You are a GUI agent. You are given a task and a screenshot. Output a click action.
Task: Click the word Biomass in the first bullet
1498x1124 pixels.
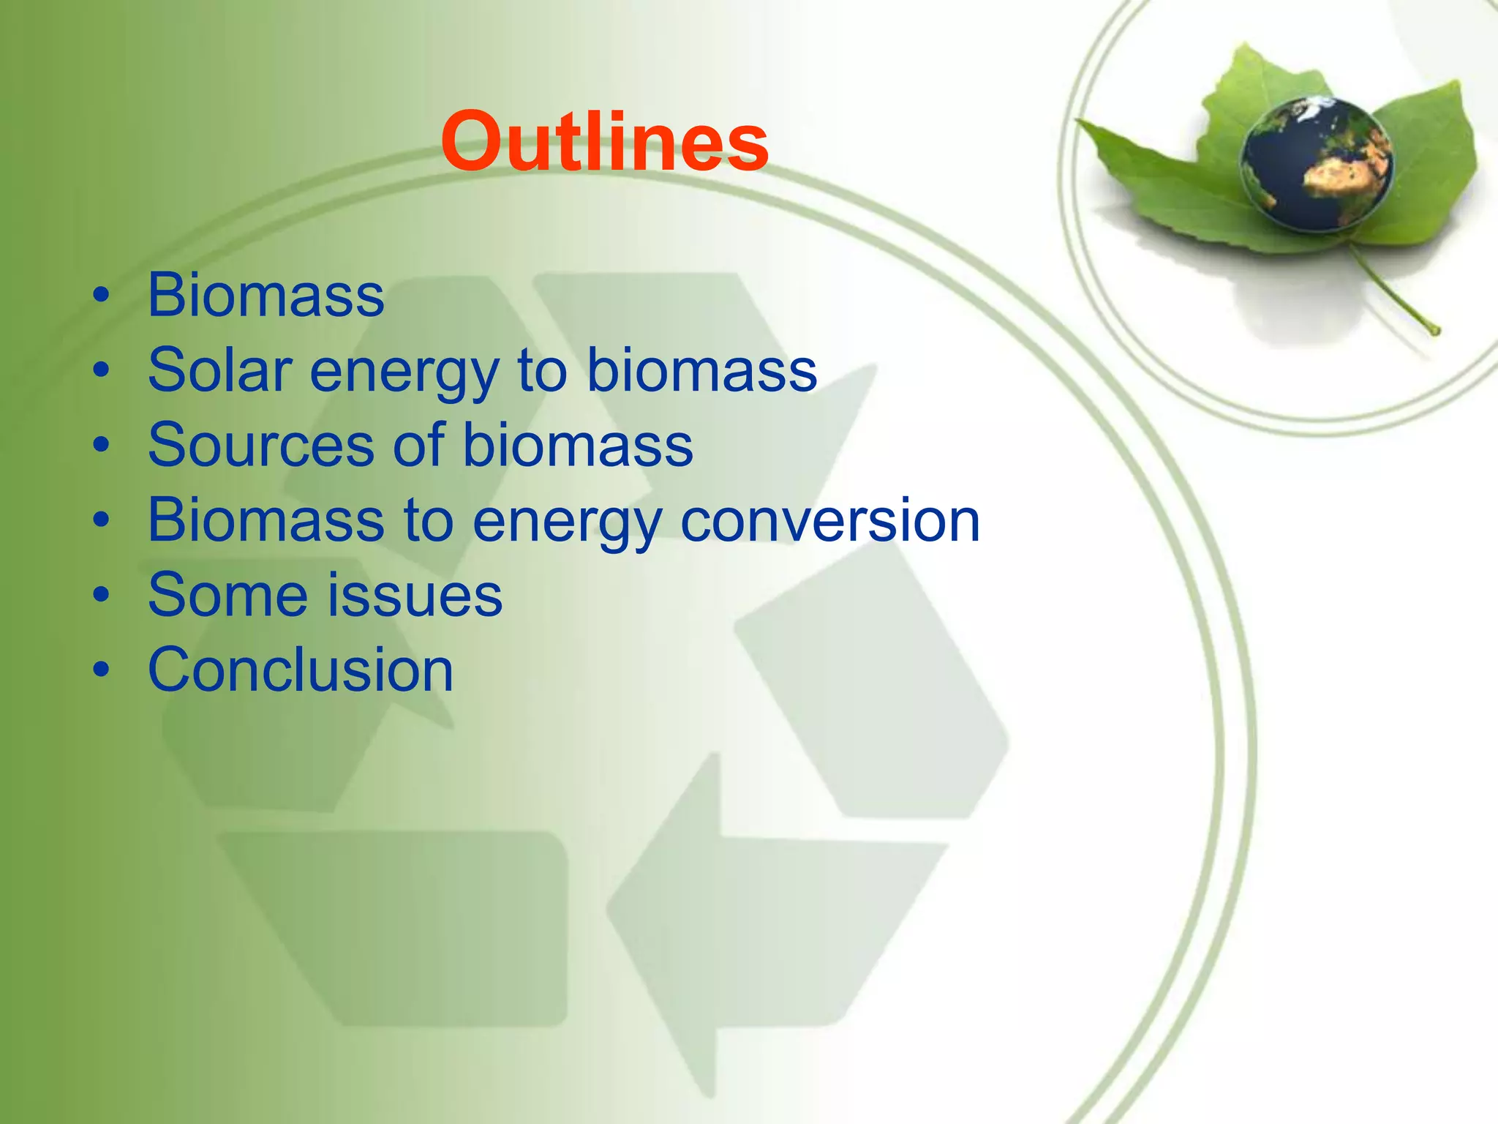click(x=266, y=295)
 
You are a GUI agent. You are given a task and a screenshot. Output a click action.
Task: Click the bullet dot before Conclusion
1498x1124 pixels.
click(x=102, y=670)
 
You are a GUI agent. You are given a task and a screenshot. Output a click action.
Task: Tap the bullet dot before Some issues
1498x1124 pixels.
click(x=102, y=595)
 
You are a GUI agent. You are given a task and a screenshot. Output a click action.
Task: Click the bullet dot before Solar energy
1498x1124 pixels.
click(x=102, y=370)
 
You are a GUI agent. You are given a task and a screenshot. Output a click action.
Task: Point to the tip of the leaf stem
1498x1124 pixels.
click(x=1435, y=331)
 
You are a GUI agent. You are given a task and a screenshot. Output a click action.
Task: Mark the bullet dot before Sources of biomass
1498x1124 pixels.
click(x=102, y=446)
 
